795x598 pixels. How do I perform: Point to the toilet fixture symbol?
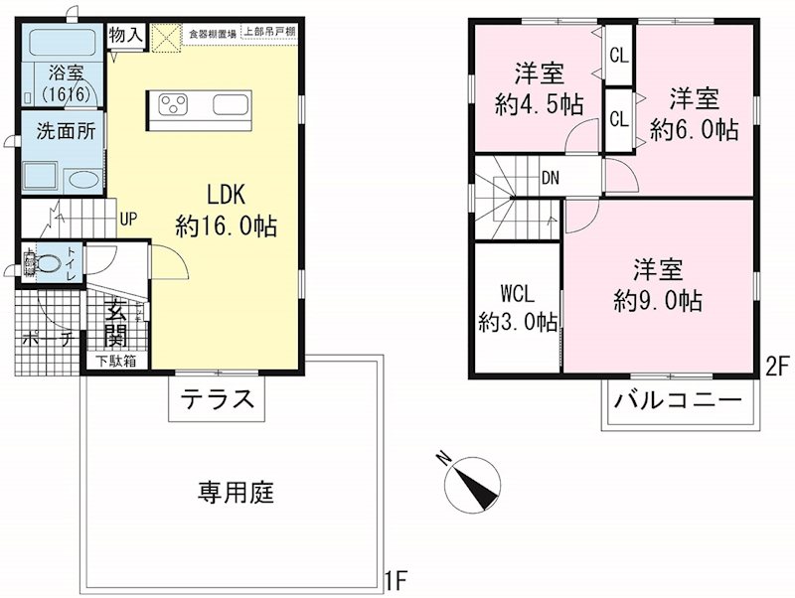click(44, 263)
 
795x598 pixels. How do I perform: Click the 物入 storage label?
click(126, 35)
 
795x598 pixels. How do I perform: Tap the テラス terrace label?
click(218, 400)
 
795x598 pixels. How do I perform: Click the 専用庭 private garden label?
click(235, 491)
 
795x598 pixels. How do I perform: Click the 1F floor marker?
click(397, 577)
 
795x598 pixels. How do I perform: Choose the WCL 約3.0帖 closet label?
click(517, 308)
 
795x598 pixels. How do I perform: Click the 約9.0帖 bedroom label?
click(658, 284)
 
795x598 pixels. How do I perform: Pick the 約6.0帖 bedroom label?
click(694, 113)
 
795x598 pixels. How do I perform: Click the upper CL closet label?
click(618, 56)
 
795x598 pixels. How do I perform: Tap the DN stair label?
click(550, 179)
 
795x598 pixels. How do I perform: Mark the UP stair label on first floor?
click(128, 219)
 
